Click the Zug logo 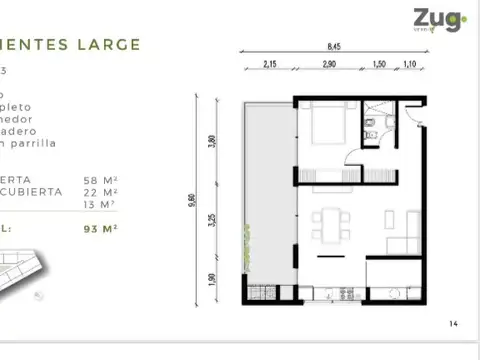(x=437, y=19)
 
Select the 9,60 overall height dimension (x=191, y=201)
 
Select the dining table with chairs (x=324, y=224)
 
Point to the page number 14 (x=453, y=323)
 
